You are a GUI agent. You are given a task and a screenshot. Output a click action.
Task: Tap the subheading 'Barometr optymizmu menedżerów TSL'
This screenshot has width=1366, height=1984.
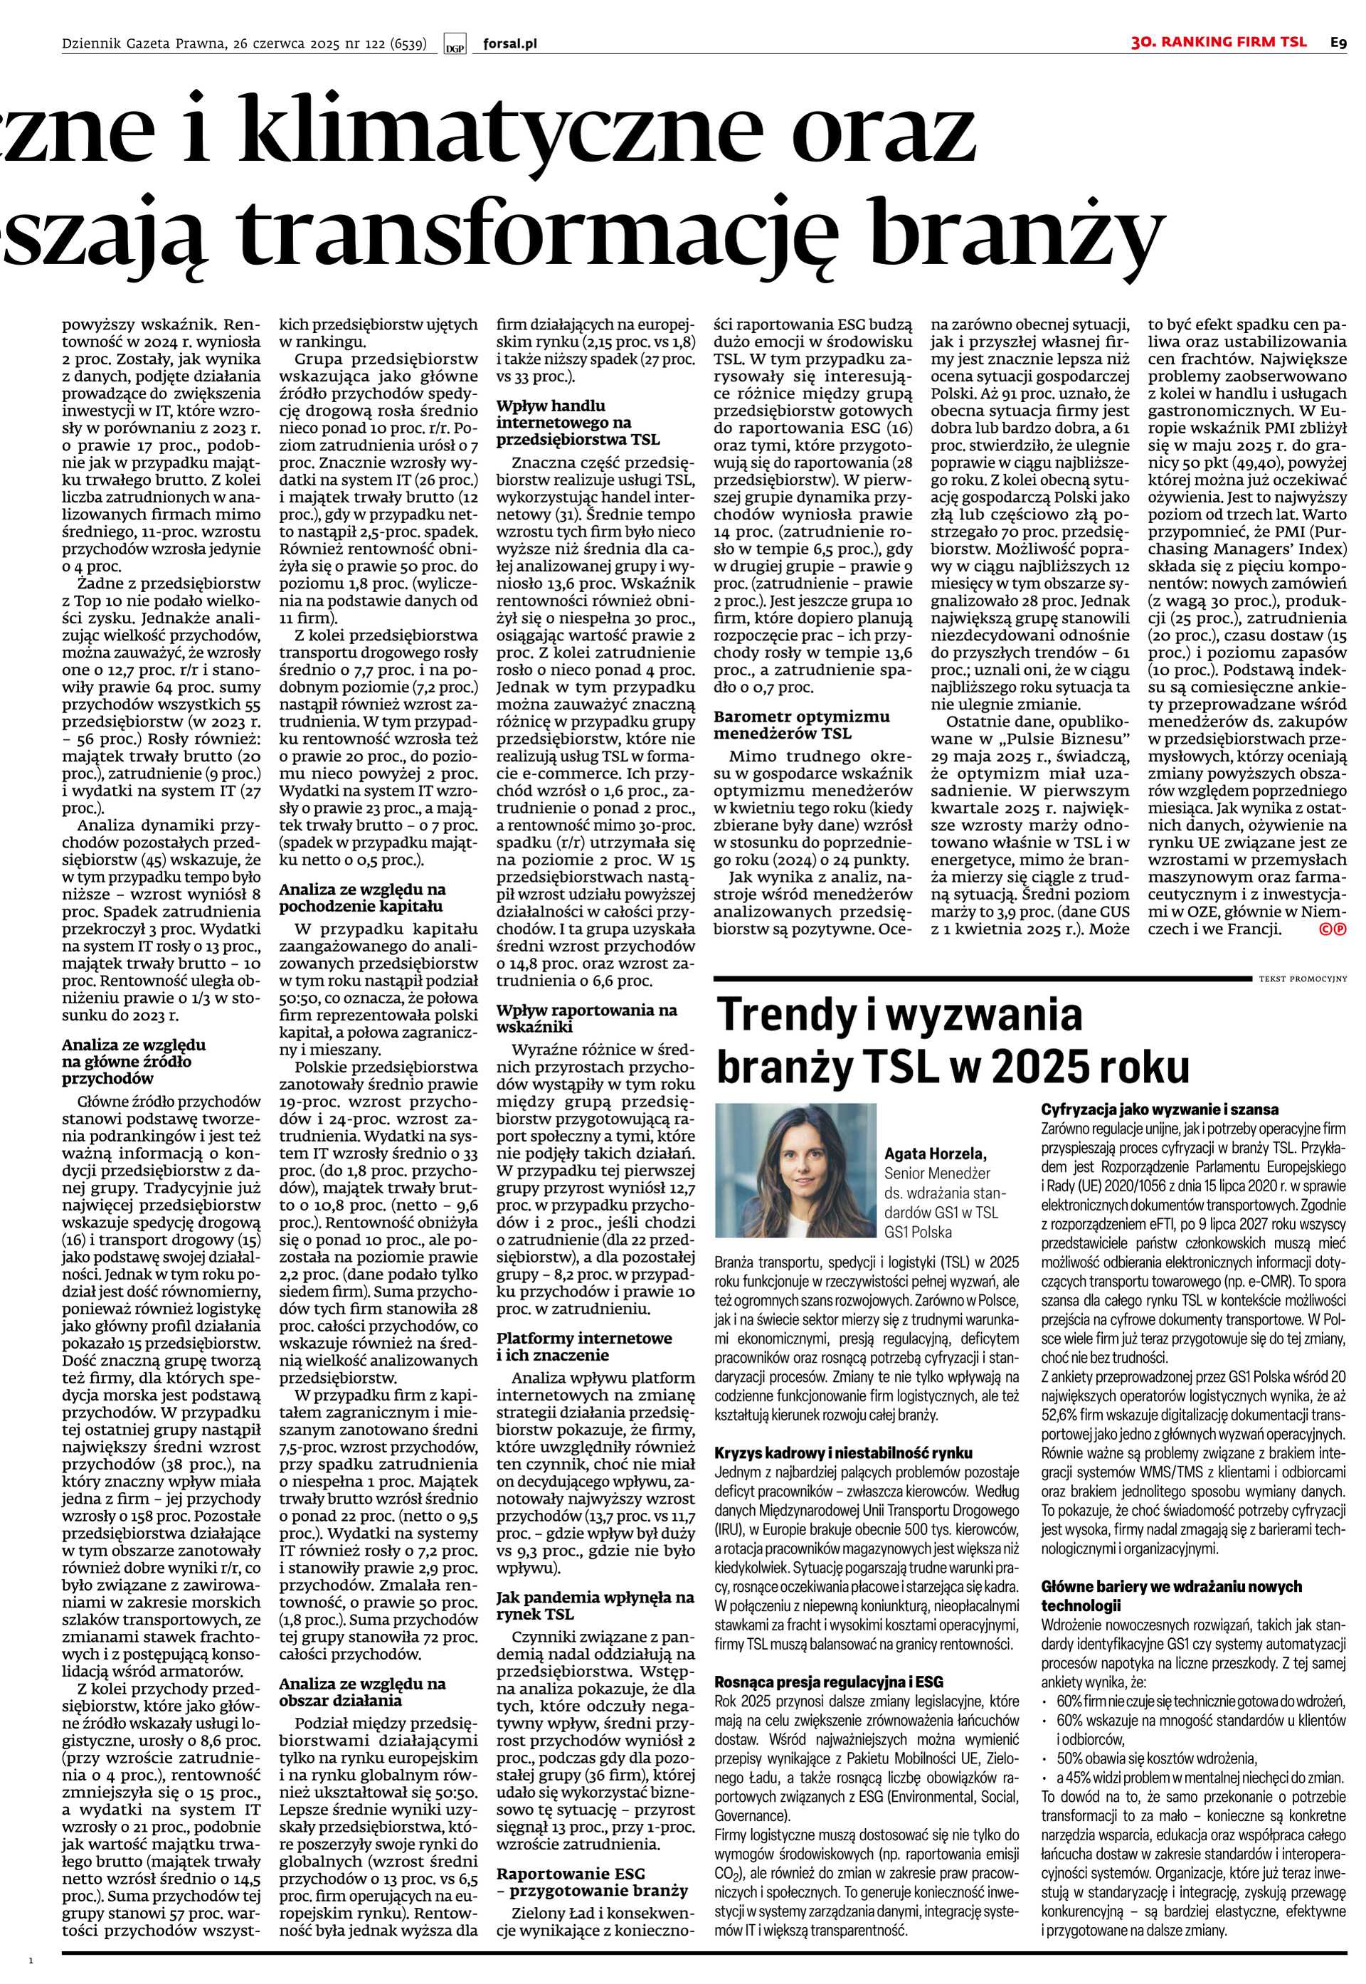[x=802, y=725]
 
